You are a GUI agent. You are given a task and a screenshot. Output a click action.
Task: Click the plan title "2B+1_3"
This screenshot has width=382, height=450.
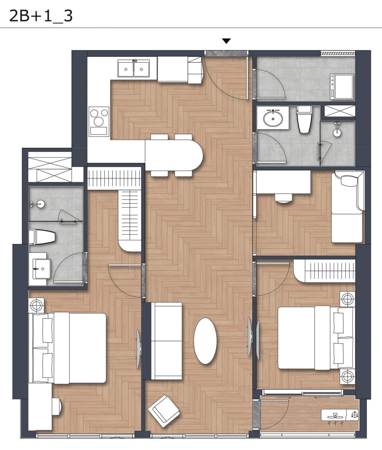[x=41, y=16]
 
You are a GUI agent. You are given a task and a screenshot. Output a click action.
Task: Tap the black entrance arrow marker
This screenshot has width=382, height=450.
[x=226, y=41]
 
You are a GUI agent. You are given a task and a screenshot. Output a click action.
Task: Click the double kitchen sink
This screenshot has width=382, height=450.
[x=133, y=68]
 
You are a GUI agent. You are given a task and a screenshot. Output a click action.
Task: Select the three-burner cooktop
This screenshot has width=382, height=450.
[x=99, y=121]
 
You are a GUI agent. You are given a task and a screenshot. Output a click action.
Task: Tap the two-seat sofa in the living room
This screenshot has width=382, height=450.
[x=166, y=341]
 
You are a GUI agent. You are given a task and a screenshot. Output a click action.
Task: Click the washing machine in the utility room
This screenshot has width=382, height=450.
[x=342, y=87]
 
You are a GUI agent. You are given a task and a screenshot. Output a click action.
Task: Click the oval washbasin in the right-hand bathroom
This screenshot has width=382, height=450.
[x=273, y=118]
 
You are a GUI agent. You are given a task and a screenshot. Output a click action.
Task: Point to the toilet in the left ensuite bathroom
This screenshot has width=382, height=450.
[x=42, y=237]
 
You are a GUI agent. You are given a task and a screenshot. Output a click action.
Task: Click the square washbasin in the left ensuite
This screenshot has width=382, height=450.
[x=41, y=268]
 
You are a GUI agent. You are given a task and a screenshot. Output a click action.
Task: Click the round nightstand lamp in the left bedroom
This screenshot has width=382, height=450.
[x=36, y=305]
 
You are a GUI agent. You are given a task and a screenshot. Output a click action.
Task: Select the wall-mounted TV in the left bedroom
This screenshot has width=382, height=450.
[x=138, y=349]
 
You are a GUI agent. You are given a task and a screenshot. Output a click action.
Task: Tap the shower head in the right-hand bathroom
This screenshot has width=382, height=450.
[x=337, y=130]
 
